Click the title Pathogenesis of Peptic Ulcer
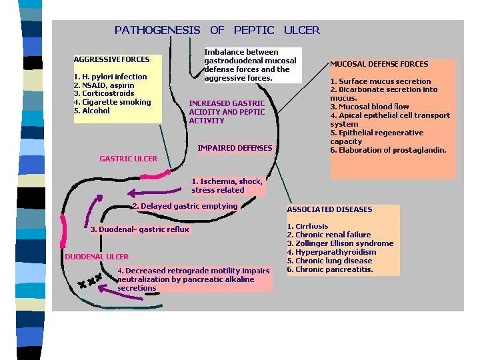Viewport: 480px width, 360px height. pos(217,30)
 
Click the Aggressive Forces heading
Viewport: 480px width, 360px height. pos(112,59)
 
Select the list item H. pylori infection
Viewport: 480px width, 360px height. pos(111,77)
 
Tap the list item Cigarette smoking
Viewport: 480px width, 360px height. pos(113,102)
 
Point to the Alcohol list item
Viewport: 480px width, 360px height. pos(92,111)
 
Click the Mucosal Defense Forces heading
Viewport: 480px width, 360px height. pos(379,64)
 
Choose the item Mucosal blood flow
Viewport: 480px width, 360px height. pos(369,107)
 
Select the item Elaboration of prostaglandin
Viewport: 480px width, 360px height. pos(388,150)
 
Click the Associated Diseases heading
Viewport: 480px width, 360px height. pos(329,209)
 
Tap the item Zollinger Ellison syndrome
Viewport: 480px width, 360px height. pos(340,243)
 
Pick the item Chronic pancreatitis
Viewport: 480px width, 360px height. pos(330,269)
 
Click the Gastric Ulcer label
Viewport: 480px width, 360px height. pos(128,159)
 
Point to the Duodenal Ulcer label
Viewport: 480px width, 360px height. pos(97,257)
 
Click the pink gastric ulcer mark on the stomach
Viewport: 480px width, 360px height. pos(155,175)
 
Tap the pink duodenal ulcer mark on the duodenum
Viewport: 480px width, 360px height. pos(63,231)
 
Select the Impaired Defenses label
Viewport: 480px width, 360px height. pos(235,148)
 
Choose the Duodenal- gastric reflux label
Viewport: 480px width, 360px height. pos(139,229)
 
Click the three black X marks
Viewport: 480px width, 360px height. pos(90,281)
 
